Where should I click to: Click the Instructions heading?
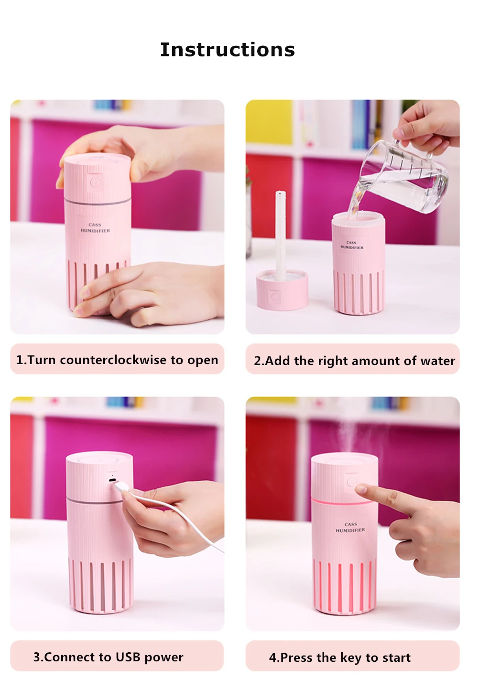pyautogui.click(x=228, y=49)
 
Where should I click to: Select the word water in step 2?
pyautogui.click(x=438, y=361)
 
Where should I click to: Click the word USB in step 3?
pyautogui.click(x=128, y=657)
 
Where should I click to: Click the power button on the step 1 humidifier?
pyautogui.click(x=94, y=183)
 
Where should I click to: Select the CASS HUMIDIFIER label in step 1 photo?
pyautogui.click(x=95, y=227)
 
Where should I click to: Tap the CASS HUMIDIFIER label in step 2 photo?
pyautogui.click(x=352, y=245)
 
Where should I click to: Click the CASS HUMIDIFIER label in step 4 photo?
pyautogui.click(x=350, y=528)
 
